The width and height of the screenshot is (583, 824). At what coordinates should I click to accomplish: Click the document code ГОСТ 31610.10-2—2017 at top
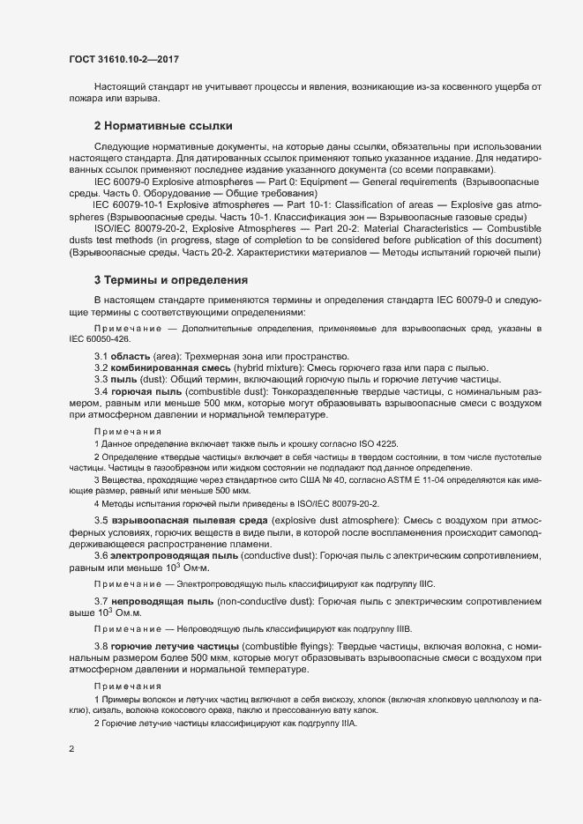126,60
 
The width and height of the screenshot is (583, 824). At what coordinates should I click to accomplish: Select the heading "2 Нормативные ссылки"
163,126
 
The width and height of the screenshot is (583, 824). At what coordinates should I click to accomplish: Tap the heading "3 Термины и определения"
171,280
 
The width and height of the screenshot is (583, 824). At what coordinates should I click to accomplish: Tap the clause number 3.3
102,380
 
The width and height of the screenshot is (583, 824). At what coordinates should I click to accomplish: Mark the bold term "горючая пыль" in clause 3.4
144,391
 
